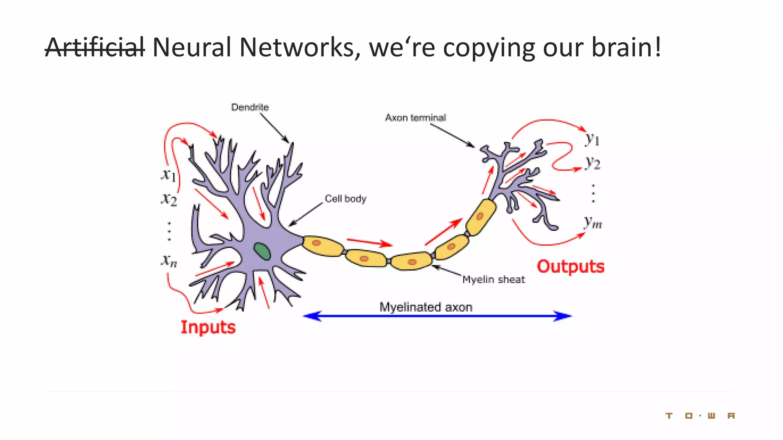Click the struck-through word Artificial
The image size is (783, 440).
pos(95,47)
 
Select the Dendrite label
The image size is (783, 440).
pos(250,107)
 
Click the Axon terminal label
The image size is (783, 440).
pos(415,118)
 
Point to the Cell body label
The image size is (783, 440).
pos(345,199)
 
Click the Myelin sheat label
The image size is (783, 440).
pos(493,280)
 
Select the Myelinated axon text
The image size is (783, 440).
pos(426,307)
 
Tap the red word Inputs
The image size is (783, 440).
pos(208,327)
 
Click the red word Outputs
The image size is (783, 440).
pos(570,267)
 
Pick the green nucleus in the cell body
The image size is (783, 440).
pos(262,251)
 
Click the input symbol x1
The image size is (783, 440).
pos(168,175)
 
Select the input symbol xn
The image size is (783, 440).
pos(169,261)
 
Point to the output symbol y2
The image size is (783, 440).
pos(592,163)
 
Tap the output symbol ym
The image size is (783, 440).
pos(593,222)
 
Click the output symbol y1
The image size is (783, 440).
pos(592,139)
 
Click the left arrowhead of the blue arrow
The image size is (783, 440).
pos(312,316)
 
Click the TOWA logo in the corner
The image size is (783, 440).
pos(700,416)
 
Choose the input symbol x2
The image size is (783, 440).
pos(169,199)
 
